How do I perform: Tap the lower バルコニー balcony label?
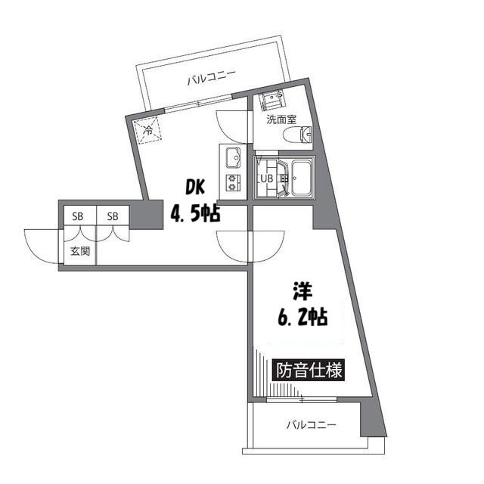point(311,424)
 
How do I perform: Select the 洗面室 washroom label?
point(281,119)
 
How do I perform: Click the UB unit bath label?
point(267,179)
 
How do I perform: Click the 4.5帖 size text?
point(194,214)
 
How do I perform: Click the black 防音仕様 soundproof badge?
point(309,371)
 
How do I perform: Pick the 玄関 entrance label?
point(80,250)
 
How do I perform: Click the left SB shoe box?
point(78,216)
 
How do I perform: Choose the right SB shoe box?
point(113,216)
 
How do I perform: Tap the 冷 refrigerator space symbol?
point(149,130)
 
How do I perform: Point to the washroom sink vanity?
point(271,101)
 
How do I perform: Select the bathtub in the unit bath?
point(301,179)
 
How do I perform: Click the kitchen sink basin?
point(231,158)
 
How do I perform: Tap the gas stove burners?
point(231,181)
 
